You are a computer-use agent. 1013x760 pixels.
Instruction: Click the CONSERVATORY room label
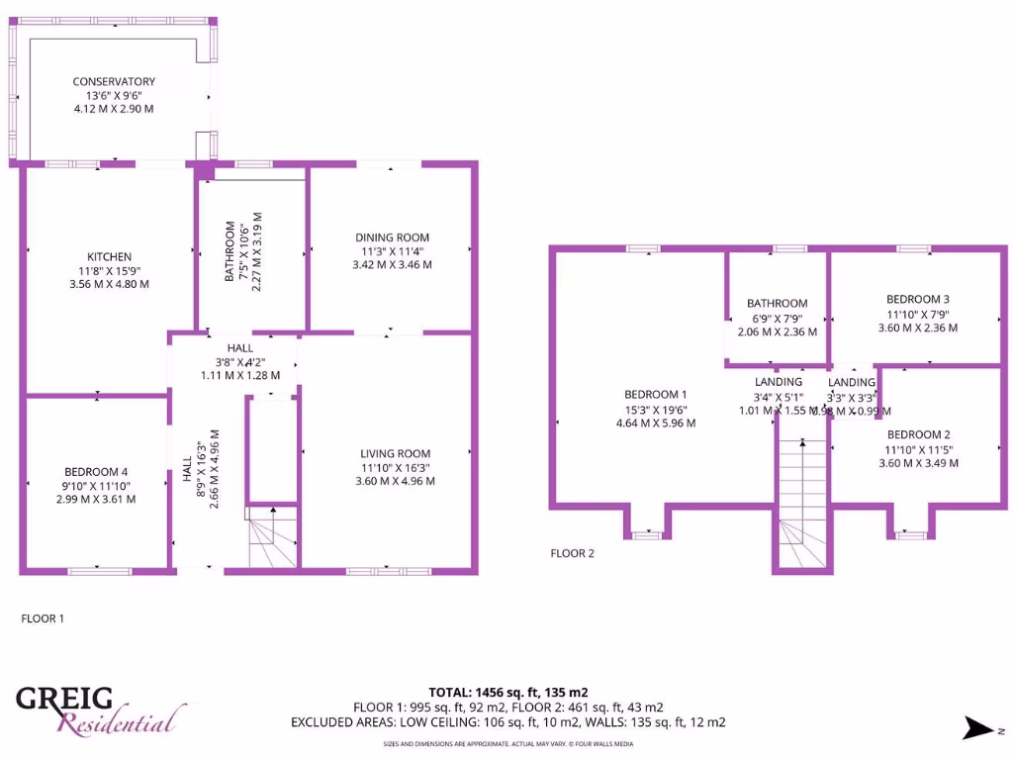[114, 81]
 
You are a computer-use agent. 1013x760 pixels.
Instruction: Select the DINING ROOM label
[393, 237]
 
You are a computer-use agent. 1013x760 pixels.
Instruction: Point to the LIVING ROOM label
[395, 454]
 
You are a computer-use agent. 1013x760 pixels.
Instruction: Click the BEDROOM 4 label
[96, 472]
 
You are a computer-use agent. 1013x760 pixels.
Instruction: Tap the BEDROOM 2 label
[918, 434]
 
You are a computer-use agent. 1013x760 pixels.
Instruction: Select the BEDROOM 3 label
[918, 300]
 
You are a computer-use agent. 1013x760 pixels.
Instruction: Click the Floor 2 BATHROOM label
[777, 304]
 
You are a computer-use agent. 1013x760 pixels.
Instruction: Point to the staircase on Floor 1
[271, 539]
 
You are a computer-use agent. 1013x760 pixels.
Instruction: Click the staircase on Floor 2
[801, 505]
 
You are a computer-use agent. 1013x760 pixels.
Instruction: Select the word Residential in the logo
[121, 721]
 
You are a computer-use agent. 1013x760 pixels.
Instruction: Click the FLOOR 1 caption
[43, 618]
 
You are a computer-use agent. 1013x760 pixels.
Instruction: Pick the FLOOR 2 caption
[572, 553]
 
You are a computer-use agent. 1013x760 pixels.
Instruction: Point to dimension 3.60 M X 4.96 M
[395, 482]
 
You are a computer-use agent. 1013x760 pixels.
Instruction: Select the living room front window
[388, 571]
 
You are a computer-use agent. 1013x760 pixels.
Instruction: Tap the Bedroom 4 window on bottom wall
[99, 571]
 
